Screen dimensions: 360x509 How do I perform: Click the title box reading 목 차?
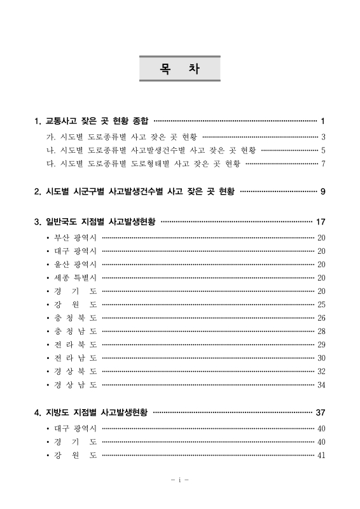pos(180,69)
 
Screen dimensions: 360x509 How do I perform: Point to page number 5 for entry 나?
pos(323,150)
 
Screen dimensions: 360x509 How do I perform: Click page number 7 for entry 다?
pos(323,164)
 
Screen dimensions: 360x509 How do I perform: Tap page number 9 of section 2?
pos(323,191)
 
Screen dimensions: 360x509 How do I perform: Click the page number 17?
pos(321,222)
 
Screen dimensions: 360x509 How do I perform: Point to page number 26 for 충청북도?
pos(321,317)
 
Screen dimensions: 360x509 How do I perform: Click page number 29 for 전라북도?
pos(321,344)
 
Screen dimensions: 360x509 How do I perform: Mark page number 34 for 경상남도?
pos(321,384)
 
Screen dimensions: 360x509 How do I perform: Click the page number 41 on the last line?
pos(321,455)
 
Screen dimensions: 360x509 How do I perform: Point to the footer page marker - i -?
pos(180,480)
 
